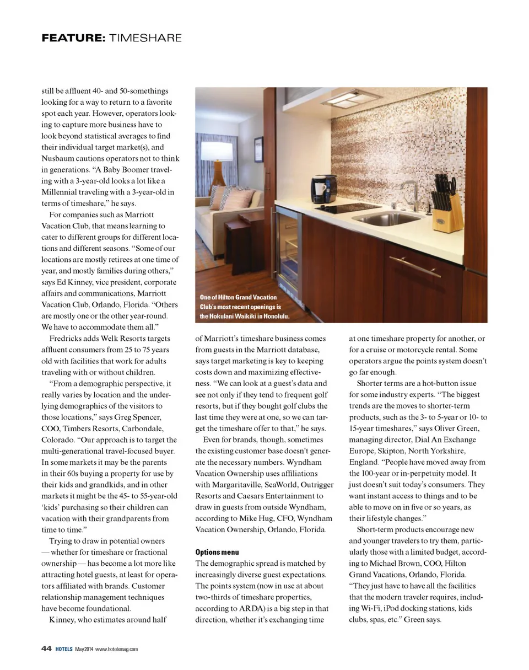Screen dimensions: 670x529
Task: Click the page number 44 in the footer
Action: point(47,648)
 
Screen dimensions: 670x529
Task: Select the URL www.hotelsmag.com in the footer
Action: point(116,649)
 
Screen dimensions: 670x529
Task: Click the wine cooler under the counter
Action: point(288,248)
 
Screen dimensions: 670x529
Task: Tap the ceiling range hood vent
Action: point(352,100)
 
